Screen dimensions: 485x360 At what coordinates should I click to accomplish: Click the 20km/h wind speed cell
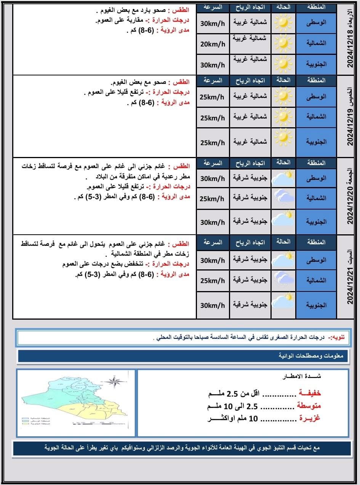click(213, 44)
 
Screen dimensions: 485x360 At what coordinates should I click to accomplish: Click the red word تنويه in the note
click(337, 337)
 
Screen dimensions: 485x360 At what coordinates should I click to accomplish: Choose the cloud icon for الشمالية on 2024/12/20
click(283, 198)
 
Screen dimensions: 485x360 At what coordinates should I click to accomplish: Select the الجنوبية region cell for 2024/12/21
click(316, 305)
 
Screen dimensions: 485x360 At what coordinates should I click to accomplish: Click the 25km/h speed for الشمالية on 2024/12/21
click(213, 281)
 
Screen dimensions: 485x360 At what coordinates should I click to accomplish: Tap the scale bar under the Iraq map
click(93, 423)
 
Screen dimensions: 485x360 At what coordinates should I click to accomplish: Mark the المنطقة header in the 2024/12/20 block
click(316, 163)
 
